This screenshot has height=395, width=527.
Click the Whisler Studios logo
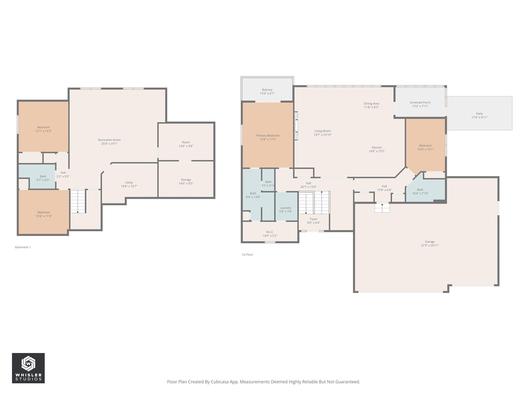pos(28,368)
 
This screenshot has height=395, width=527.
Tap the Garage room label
pos(430,244)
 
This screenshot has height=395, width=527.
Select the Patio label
pos(479,116)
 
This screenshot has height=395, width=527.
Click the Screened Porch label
pos(420,105)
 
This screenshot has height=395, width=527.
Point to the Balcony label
pos(267,91)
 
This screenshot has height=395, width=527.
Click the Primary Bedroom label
pos(268,137)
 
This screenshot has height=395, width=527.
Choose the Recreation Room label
pos(109,142)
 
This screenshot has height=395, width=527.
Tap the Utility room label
pos(129,184)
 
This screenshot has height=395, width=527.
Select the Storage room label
pos(186,181)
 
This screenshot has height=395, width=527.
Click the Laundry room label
pos(285,209)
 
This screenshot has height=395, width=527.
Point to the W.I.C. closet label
pos(270,234)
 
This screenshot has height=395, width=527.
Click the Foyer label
pos(314,221)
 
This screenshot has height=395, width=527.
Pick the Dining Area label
pos(371,105)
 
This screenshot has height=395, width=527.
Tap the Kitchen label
pos(377,149)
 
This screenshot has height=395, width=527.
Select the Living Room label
pos(322,132)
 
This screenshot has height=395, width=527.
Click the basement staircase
pos(78,202)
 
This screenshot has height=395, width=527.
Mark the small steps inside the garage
pos(382,208)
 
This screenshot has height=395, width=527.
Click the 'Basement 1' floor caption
pos(23,247)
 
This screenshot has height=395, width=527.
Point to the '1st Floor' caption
pos(247,255)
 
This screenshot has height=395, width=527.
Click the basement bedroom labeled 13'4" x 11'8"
pos(44,214)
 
